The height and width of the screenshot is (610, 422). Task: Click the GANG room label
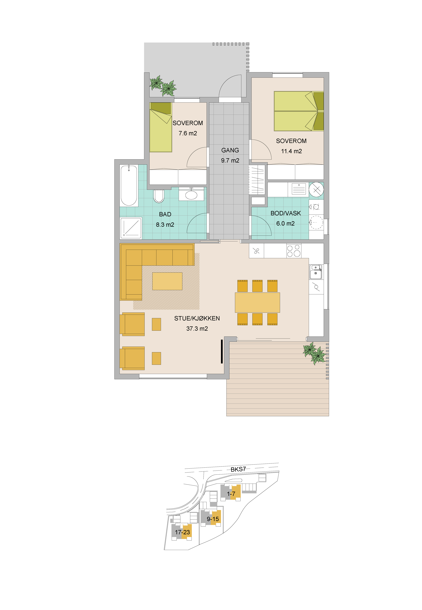point(230,150)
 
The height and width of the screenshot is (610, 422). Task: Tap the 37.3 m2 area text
point(197,328)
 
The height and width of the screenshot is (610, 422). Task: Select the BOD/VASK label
point(286,213)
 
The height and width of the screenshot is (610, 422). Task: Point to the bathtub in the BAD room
point(129,185)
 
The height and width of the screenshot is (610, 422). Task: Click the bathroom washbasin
point(191,195)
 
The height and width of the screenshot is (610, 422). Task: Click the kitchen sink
point(316,272)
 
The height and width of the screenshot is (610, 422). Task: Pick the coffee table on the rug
point(167,281)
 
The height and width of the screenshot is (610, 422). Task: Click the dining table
point(257,302)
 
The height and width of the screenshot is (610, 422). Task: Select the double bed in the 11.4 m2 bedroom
point(299,111)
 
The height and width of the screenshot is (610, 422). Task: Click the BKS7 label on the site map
point(238,469)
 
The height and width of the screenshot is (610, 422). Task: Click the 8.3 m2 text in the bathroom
point(165,225)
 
